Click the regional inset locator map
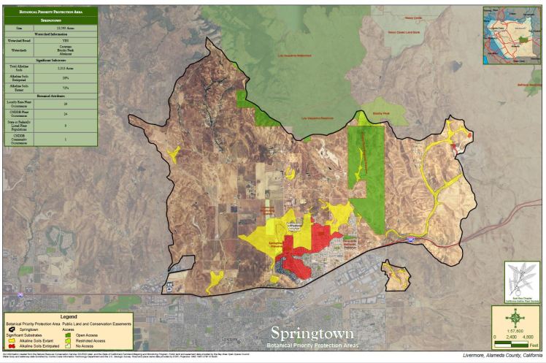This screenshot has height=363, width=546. [512, 31]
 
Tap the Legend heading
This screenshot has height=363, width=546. [69, 316]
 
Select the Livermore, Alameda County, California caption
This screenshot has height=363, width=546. [502, 356]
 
